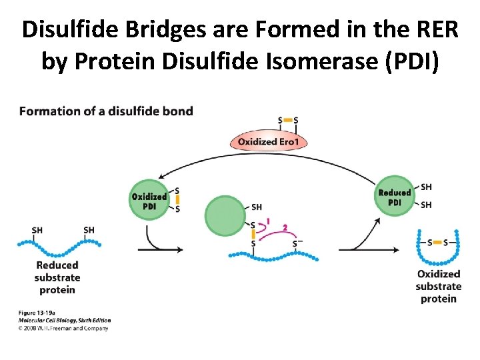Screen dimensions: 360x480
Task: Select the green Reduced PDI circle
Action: click(x=394, y=197)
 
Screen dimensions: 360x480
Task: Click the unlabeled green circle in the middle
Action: click(x=225, y=216)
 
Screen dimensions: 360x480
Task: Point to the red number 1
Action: click(x=268, y=220)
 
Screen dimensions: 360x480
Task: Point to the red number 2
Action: click(x=285, y=227)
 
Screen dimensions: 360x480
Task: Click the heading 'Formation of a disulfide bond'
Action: click(x=106, y=111)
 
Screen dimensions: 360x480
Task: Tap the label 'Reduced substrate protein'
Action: click(x=57, y=277)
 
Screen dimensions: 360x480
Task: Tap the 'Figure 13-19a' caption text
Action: click(x=38, y=313)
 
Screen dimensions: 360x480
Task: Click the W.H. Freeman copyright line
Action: click(x=63, y=327)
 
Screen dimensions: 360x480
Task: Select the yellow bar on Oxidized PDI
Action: click(x=177, y=200)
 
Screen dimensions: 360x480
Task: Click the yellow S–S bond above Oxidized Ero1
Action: click(x=288, y=121)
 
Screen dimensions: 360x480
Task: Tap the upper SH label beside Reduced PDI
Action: click(x=426, y=187)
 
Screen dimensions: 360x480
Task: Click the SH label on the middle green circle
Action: click(x=257, y=207)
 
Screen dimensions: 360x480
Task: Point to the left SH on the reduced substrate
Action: click(x=37, y=230)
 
